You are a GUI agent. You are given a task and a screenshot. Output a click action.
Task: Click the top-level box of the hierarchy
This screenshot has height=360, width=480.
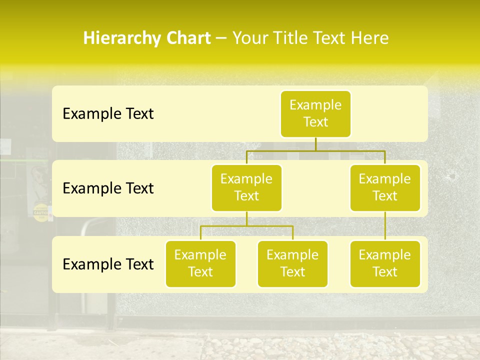pyautogui.click(x=315, y=114)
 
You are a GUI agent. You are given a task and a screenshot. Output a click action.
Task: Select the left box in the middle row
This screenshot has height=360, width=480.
pyautogui.click(x=246, y=188)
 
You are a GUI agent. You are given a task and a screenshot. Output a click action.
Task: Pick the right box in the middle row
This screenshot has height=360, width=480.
pyautogui.click(x=385, y=188)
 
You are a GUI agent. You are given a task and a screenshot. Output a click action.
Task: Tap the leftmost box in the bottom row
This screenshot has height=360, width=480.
pyautogui.click(x=200, y=264)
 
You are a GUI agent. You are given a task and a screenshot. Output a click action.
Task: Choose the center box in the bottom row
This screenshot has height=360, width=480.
pyautogui.click(x=292, y=264)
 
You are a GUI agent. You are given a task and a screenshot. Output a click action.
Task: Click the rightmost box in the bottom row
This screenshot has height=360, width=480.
pyautogui.click(x=385, y=264)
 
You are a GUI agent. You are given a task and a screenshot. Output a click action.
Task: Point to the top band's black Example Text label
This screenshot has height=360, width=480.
pyautogui.click(x=108, y=114)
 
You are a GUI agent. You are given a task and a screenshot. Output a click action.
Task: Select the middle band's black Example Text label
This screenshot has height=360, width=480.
pyautogui.click(x=108, y=188)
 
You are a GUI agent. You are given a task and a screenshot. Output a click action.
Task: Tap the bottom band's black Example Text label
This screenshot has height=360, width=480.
pyautogui.click(x=108, y=264)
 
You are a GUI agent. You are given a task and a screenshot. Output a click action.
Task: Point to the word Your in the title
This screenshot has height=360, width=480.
pyautogui.click(x=249, y=38)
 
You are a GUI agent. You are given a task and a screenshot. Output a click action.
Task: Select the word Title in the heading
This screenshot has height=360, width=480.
pyautogui.click(x=288, y=38)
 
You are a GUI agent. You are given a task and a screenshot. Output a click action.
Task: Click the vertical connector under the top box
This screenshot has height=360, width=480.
pyautogui.click(x=315, y=144)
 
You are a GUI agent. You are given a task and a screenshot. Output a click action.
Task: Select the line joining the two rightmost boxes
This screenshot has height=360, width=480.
pyautogui.click(x=385, y=226)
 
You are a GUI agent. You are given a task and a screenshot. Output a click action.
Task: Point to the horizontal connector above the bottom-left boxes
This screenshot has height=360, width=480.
pyautogui.click(x=246, y=226)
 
